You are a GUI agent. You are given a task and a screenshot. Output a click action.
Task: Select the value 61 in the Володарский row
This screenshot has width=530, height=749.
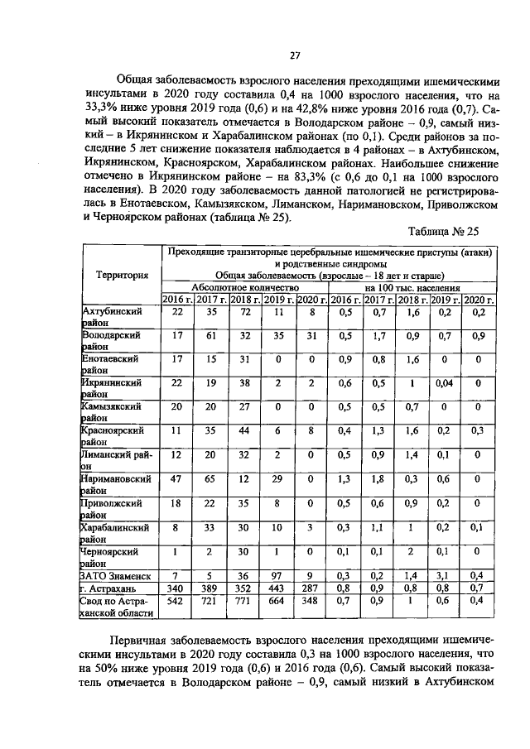tap(211, 335)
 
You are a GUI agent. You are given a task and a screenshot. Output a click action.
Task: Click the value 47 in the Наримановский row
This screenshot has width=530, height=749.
tap(177, 478)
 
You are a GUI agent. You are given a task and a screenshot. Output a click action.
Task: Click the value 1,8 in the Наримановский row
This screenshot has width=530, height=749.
tap(379, 478)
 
